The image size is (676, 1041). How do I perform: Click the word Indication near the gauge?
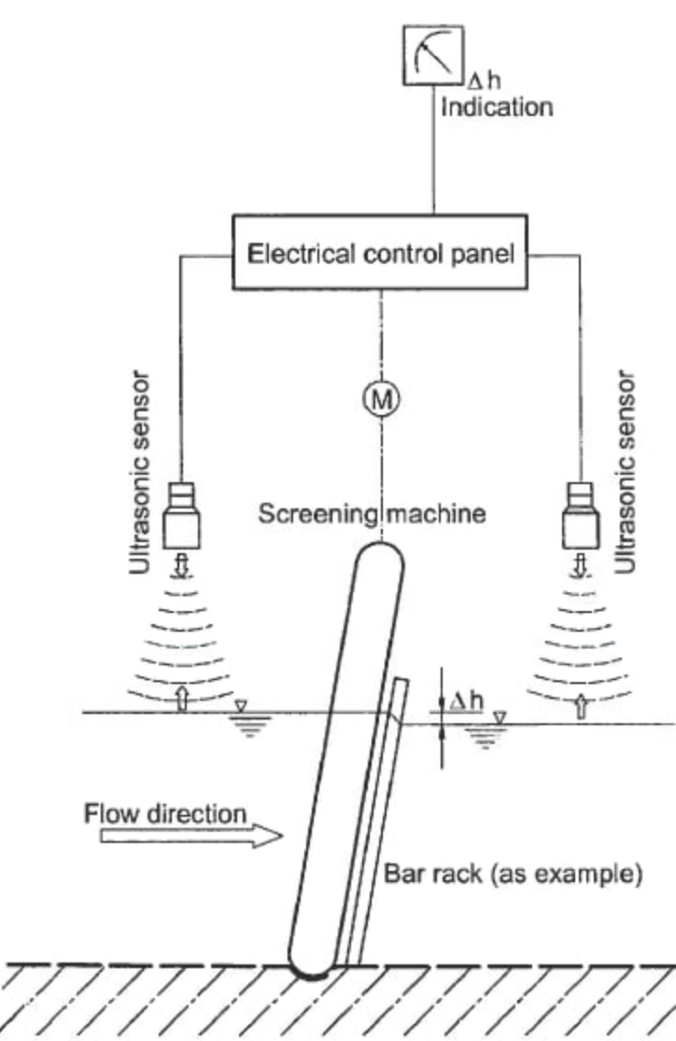pos(496,107)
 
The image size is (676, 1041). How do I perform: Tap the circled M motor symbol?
pos(380,399)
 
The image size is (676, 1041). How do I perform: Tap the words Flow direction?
pos(165,813)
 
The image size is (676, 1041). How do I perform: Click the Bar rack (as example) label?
pos(513,877)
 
